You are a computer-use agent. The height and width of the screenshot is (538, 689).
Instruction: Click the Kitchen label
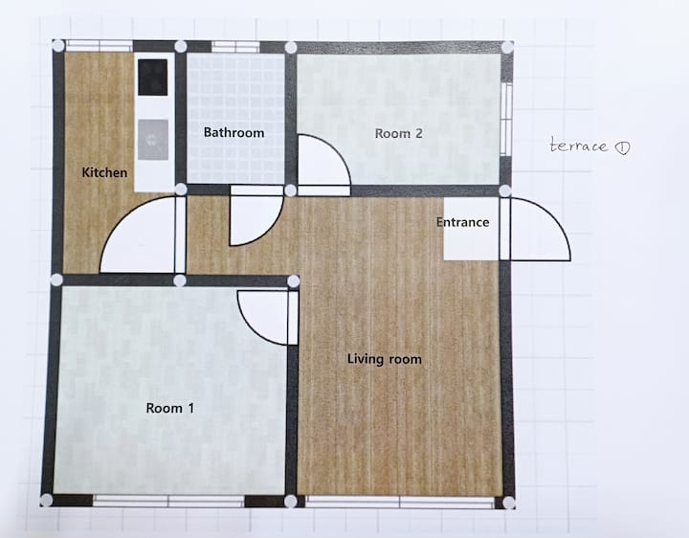104,172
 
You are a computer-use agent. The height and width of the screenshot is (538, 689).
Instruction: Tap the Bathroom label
233,132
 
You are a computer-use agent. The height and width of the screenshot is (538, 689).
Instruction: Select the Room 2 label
398,133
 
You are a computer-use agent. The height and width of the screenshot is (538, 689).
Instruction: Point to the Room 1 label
169,409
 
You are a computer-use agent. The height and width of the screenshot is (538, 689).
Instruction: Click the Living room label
385,359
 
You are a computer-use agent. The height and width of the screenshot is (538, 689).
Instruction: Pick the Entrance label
463,222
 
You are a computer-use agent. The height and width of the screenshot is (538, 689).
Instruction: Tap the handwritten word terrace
579,146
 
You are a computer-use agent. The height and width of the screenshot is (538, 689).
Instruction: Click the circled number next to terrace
622,147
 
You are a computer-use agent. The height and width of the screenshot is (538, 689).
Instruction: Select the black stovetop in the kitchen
152,78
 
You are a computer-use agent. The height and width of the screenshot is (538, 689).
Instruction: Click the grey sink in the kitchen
153,140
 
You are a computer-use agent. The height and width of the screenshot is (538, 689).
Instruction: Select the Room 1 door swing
252,325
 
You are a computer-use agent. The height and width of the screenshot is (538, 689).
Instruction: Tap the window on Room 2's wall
507,119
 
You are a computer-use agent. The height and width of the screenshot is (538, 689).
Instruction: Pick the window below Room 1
168,501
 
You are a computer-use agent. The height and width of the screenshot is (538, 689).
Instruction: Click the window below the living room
400,503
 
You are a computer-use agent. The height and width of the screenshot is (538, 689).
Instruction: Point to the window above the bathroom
235,47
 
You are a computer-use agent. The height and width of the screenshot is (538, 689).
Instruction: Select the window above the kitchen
99,46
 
